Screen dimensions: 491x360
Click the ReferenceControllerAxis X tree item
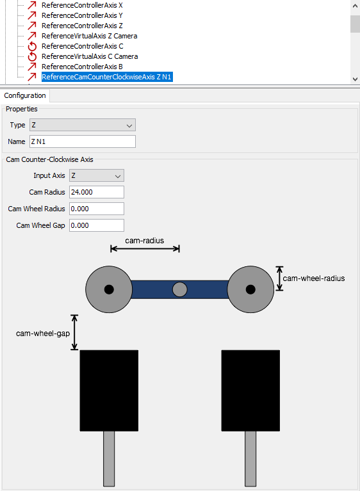click(x=82, y=5)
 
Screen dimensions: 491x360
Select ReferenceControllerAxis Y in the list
click(x=82, y=15)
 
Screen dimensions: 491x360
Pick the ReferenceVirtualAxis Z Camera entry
click(x=89, y=36)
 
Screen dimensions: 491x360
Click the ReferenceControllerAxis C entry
click(x=82, y=46)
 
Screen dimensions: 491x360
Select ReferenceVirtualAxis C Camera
click(x=90, y=56)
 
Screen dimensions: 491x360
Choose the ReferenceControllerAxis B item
click(x=82, y=67)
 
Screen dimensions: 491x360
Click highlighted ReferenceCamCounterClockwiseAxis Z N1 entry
click(x=107, y=77)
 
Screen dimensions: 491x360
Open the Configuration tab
click(x=25, y=95)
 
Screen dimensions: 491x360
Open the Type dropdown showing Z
click(x=82, y=125)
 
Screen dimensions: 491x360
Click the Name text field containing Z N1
click(x=82, y=141)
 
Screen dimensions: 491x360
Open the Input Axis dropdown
click(x=96, y=175)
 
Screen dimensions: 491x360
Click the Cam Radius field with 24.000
click(x=96, y=192)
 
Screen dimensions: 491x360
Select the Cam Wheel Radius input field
click(x=96, y=209)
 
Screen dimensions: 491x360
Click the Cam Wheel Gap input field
click(x=96, y=225)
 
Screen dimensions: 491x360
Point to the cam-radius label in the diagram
click(x=144, y=241)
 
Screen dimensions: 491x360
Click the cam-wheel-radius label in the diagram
click(x=314, y=278)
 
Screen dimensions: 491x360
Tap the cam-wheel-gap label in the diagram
click(x=43, y=333)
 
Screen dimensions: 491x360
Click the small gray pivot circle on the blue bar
click(x=179, y=289)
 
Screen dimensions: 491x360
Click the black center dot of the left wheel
click(x=109, y=289)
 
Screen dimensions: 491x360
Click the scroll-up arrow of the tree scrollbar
click(x=355, y=5)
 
